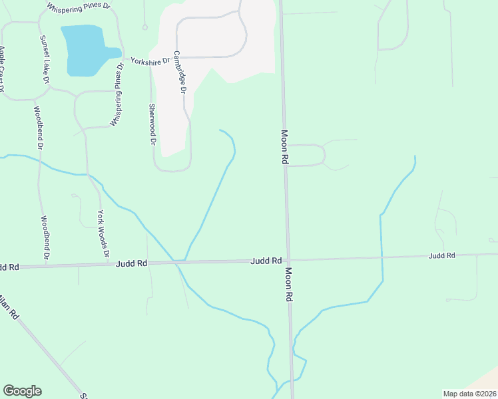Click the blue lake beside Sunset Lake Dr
click(x=84, y=50)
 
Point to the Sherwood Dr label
click(x=152, y=124)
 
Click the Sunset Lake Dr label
click(x=45, y=60)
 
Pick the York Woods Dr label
click(x=102, y=233)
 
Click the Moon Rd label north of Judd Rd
click(x=284, y=147)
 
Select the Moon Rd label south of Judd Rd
click(x=290, y=285)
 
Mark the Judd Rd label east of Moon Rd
click(x=441, y=255)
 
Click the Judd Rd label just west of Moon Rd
click(x=266, y=261)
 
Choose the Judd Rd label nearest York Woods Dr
click(x=131, y=263)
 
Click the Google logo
click(x=22, y=391)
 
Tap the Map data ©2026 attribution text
click(x=469, y=394)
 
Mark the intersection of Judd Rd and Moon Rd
click(x=288, y=259)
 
